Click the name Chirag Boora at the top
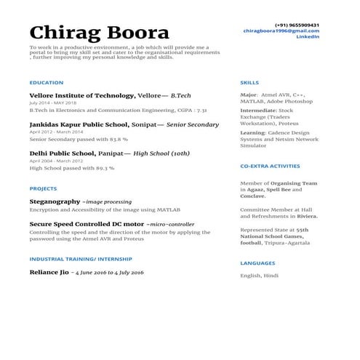point(99,32)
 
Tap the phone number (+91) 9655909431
point(297,25)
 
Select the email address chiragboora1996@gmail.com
point(291,31)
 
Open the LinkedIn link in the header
point(308,37)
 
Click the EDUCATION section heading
point(47,83)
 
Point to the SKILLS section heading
point(249,83)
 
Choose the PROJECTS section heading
point(44,188)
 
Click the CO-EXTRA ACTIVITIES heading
point(270,167)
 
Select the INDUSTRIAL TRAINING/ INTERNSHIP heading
point(81,259)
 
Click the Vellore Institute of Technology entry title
point(82,95)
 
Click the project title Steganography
point(55,200)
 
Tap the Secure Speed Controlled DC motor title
point(86,224)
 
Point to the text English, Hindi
point(260,276)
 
